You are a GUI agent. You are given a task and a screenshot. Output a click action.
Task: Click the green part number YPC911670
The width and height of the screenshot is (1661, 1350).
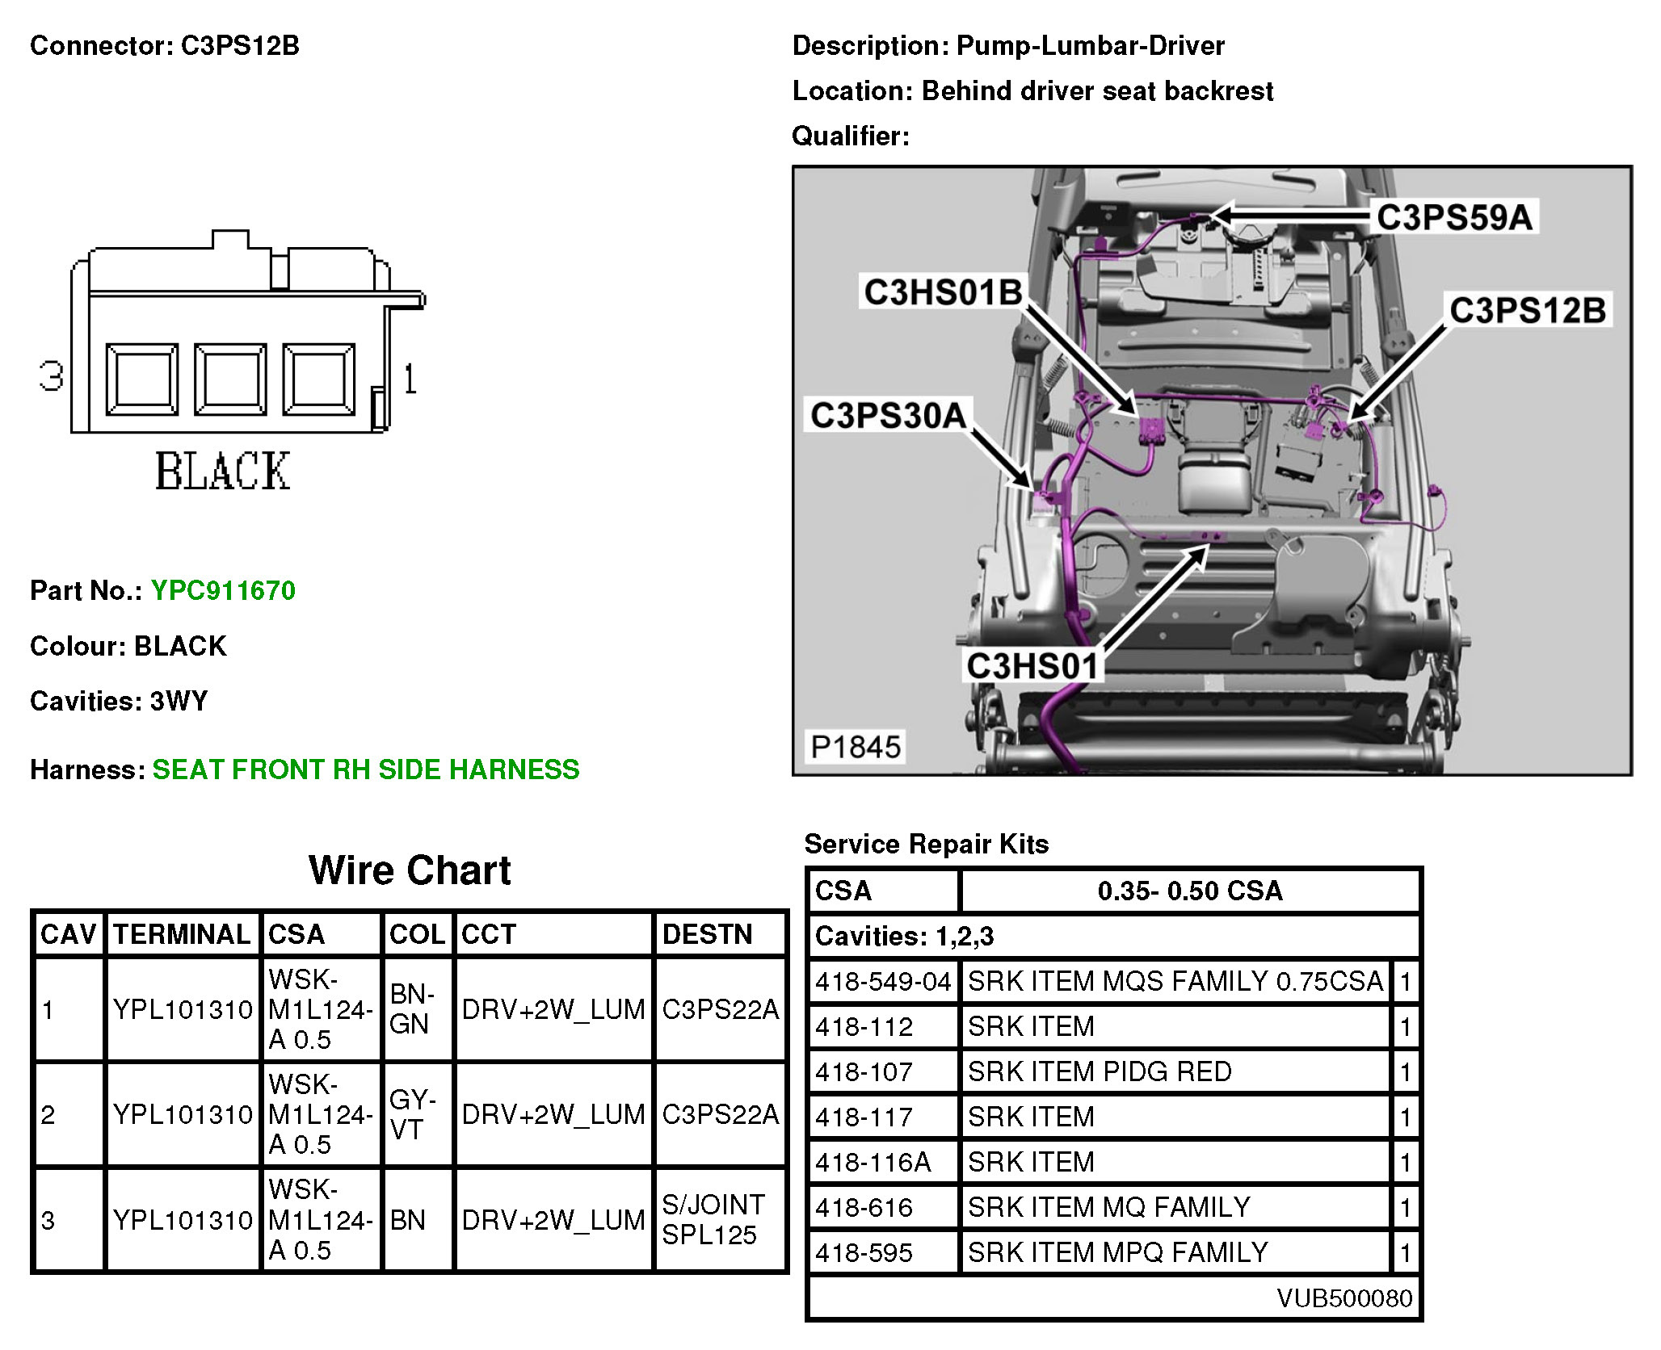pyautogui.click(x=223, y=590)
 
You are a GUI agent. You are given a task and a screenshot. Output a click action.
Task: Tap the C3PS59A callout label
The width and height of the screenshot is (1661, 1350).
pyautogui.click(x=1453, y=217)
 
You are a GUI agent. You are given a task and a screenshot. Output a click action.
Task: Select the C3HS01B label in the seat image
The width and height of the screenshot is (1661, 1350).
pyautogui.click(x=942, y=291)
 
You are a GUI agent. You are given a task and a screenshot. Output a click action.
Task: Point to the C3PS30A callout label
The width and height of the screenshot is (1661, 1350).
pyautogui.click(x=888, y=415)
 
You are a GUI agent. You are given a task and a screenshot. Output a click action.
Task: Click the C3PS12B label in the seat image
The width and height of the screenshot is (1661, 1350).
pyautogui.click(x=1527, y=310)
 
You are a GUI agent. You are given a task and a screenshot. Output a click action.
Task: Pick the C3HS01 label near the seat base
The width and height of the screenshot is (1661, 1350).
pyautogui.click(x=1032, y=666)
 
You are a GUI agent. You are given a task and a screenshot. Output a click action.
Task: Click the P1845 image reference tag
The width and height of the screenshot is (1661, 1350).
pyautogui.click(x=855, y=747)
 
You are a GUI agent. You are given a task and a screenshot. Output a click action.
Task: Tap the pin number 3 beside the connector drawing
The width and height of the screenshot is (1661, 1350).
pyautogui.click(x=51, y=376)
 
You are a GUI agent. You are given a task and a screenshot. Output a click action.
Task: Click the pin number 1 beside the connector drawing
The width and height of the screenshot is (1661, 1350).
pyautogui.click(x=410, y=378)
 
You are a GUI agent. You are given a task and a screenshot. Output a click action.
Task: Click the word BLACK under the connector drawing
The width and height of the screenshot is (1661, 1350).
pyautogui.click(x=222, y=472)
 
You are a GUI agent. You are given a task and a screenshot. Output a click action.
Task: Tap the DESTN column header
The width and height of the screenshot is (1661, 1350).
pyautogui.click(x=707, y=934)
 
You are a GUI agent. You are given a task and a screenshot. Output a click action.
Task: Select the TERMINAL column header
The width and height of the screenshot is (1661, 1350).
pyautogui.click(x=182, y=934)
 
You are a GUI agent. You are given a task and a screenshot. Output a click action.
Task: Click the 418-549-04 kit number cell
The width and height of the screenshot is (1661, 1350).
pyautogui.click(x=882, y=981)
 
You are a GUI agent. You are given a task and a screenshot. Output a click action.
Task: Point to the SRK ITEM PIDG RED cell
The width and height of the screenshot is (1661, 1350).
pyautogui.click(x=1099, y=1071)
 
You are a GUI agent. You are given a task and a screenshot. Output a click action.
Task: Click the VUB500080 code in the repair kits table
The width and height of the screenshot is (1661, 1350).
pyautogui.click(x=1344, y=1298)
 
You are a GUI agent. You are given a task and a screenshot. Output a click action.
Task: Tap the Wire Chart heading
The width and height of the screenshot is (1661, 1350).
pyautogui.click(x=410, y=870)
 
